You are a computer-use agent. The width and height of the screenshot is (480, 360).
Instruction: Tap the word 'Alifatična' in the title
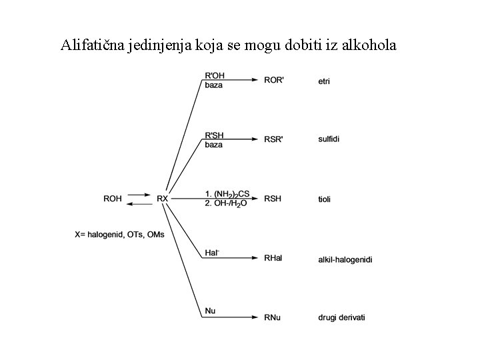(91, 46)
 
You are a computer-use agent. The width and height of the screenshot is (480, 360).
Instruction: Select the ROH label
(113, 199)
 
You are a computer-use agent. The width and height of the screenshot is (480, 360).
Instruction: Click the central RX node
(163, 199)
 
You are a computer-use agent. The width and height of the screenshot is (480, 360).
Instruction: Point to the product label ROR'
(274, 81)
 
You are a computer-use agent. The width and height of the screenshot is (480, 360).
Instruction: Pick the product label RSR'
(274, 140)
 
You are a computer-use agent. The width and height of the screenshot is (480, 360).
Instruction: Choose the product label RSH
(273, 199)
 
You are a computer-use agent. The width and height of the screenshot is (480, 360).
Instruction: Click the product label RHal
(274, 258)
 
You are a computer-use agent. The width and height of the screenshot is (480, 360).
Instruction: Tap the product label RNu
(273, 317)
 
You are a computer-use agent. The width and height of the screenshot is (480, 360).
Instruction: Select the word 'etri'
(325, 81)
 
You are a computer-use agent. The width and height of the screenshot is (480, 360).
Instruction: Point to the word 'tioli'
(325, 199)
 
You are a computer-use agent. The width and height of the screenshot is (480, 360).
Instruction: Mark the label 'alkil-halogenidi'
(345, 258)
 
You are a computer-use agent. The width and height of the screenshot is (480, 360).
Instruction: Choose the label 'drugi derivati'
(341, 317)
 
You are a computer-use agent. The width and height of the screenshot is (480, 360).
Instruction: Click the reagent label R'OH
(215, 75)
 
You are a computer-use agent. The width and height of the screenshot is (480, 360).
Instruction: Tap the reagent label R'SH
(215, 135)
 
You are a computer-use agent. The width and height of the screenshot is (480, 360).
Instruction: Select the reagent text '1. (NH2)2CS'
(227, 194)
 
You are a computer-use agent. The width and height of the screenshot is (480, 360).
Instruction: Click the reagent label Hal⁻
(211, 253)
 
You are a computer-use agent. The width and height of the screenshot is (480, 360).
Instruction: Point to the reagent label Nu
(210, 311)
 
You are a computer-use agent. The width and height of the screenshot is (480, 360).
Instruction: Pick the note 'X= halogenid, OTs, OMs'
(119, 234)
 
